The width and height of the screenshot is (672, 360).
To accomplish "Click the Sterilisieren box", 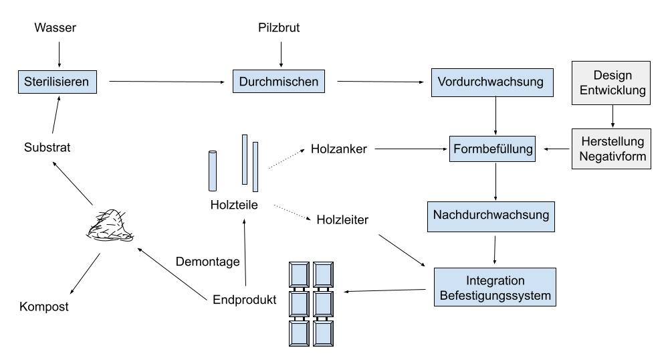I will point(59,82).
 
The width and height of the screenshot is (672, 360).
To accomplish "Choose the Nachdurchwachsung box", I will point(491,215).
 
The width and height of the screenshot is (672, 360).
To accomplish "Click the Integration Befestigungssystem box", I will point(494,286).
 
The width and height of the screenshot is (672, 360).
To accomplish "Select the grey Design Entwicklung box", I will point(612,82).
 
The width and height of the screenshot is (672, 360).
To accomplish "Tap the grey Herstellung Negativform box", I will point(612,149).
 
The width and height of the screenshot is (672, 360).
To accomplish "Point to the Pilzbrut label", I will point(279,28).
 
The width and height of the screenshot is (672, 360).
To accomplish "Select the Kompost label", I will point(44,307).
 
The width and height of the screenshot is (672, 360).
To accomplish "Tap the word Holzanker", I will point(339,149).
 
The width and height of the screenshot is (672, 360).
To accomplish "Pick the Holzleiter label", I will point(342,218).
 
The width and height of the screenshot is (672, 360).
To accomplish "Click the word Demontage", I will point(208,262).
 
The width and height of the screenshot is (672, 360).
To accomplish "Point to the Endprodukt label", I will point(244,299).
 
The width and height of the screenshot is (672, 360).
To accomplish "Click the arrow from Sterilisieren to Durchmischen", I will point(166,82).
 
